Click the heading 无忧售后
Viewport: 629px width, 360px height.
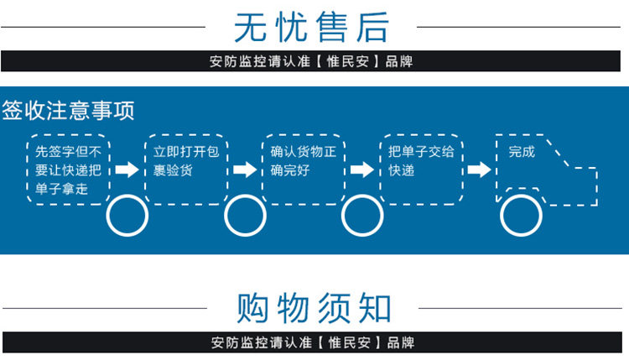tap(312, 27)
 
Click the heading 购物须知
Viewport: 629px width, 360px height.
tap(314, 308)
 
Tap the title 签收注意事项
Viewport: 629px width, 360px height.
tap(69, 110)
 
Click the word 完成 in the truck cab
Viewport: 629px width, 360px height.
tap(522, 152)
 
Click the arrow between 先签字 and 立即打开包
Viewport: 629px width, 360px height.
tap(127, 170)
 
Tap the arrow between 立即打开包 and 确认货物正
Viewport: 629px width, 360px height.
tap(245, 170)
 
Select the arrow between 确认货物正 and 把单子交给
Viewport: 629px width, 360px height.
tap(362, 170)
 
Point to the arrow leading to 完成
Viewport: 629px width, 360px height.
tap(479, 170)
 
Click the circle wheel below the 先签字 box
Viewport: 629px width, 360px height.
tap(127, 216)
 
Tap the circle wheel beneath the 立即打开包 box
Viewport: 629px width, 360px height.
tap(246, 216)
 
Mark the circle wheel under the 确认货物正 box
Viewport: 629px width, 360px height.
tap(363, 216)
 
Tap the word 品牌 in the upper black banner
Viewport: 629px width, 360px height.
tap(399, 61)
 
